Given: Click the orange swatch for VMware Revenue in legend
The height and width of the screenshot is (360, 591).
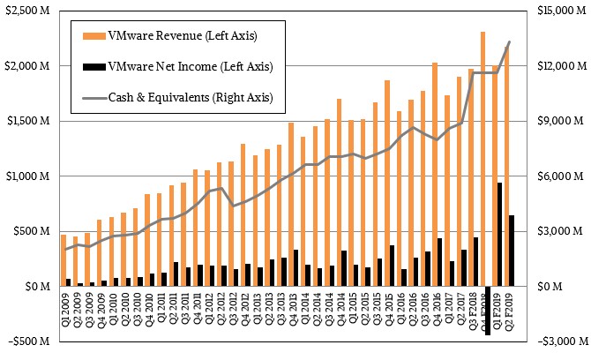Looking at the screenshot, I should tap(92, 35).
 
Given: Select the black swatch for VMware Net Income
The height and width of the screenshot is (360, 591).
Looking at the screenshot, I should tap(92, 66).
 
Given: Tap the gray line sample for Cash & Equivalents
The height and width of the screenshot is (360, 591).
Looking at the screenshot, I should tap(92, 96).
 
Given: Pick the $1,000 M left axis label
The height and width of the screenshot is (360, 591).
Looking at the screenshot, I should tap(28, 176).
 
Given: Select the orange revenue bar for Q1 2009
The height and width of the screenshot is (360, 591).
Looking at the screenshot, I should tap(63, 260).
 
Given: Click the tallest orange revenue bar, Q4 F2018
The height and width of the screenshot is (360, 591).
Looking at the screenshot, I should tap(483, 159).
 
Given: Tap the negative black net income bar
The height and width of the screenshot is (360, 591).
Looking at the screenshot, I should tap(489, 311).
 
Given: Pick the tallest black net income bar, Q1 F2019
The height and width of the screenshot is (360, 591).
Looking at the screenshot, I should tap(500, 234).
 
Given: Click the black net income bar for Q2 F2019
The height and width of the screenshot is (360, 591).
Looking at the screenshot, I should tap(512, 251).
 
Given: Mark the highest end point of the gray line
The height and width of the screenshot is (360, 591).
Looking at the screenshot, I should tap(509, 41).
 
